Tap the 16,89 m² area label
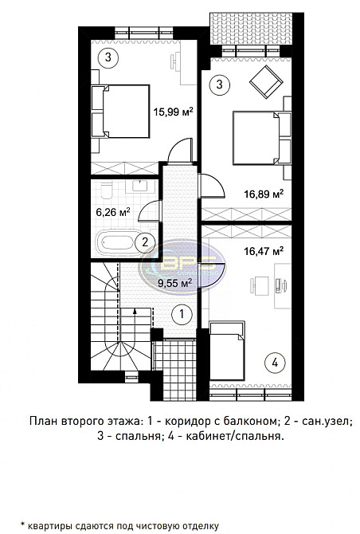click(x=264, y=192)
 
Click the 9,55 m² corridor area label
click(x=174, y=281)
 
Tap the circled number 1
click(x=182, y=314)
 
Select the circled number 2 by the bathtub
click(x=143, y=242)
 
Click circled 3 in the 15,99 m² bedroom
click(x=109, y=56)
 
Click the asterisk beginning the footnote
click(x=24, y=523)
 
